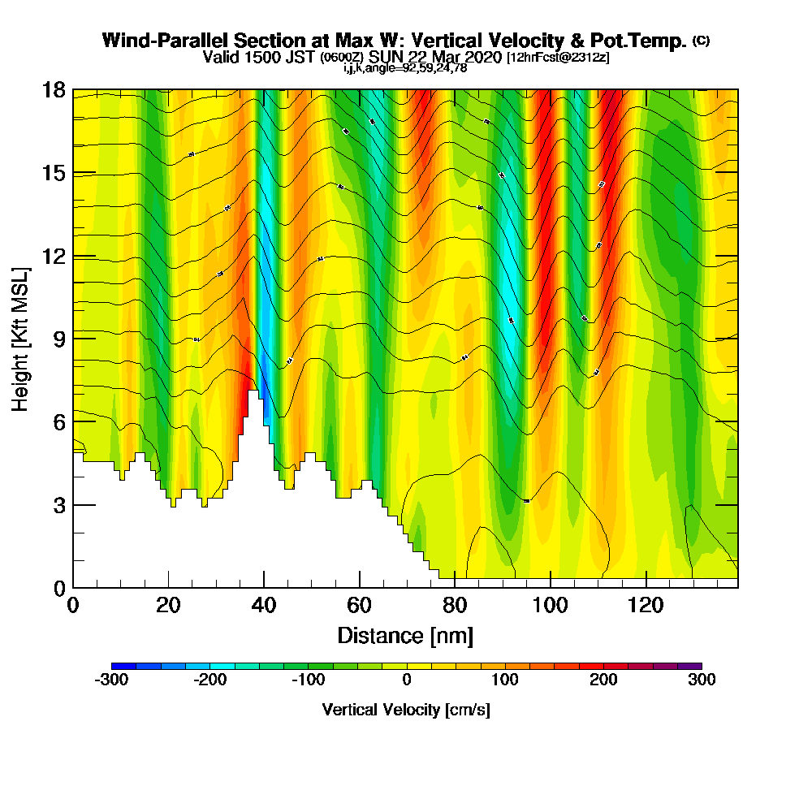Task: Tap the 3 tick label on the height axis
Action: click(58, 505)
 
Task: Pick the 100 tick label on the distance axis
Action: click(551, 604)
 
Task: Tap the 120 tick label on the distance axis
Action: click(646, 604)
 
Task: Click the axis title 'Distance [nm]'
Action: click(405, 635)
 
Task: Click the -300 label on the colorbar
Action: click(111, 680)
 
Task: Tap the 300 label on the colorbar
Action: click(702, 680)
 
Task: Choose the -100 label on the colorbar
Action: click(308, 680)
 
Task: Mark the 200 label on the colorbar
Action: click(603, 680)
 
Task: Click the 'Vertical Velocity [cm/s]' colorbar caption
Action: click(406, 710)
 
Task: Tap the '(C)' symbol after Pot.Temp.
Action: click(701, 41)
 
